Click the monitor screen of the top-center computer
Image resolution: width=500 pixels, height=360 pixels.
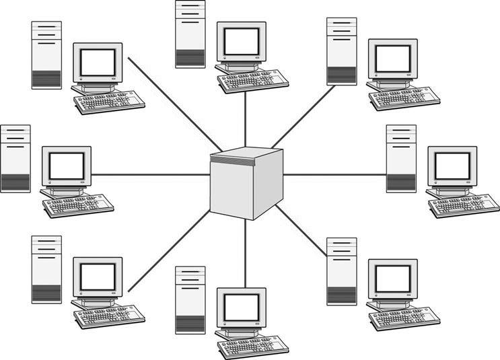(241, 42)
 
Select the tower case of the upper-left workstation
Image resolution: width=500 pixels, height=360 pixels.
(46, 55)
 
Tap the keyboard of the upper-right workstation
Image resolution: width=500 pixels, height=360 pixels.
(404, 98)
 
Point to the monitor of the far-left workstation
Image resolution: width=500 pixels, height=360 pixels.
(67, 166)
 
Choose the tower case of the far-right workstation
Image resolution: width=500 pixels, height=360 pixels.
(401, 159)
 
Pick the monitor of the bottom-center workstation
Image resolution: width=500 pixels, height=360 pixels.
(241, 308)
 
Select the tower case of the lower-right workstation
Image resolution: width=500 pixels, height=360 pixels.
(342, 271)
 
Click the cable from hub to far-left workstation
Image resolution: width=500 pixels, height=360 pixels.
(151, 175)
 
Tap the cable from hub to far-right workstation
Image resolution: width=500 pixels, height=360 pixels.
(334, 175)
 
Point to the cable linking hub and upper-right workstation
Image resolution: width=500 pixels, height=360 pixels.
(303, 117)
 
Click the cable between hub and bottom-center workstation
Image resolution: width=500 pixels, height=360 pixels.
(245, 252)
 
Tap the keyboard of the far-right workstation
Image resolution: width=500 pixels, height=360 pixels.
(464, 205)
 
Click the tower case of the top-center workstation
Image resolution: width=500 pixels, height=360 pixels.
(190, 34)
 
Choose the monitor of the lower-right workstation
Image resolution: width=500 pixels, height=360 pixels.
(393, 277)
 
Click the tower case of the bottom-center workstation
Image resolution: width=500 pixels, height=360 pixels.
(190, 299)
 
